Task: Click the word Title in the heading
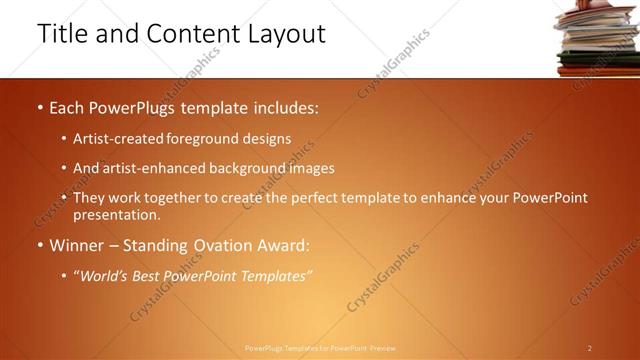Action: click(x=64, y=34)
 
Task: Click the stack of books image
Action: click(x=598, y=38)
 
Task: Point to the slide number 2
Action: click(x=590, y=348)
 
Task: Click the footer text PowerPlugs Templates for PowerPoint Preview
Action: click(x=319, y=348)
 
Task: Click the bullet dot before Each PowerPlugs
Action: click(x=39, y=105)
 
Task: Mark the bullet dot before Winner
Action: click(x=39, y=244)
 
